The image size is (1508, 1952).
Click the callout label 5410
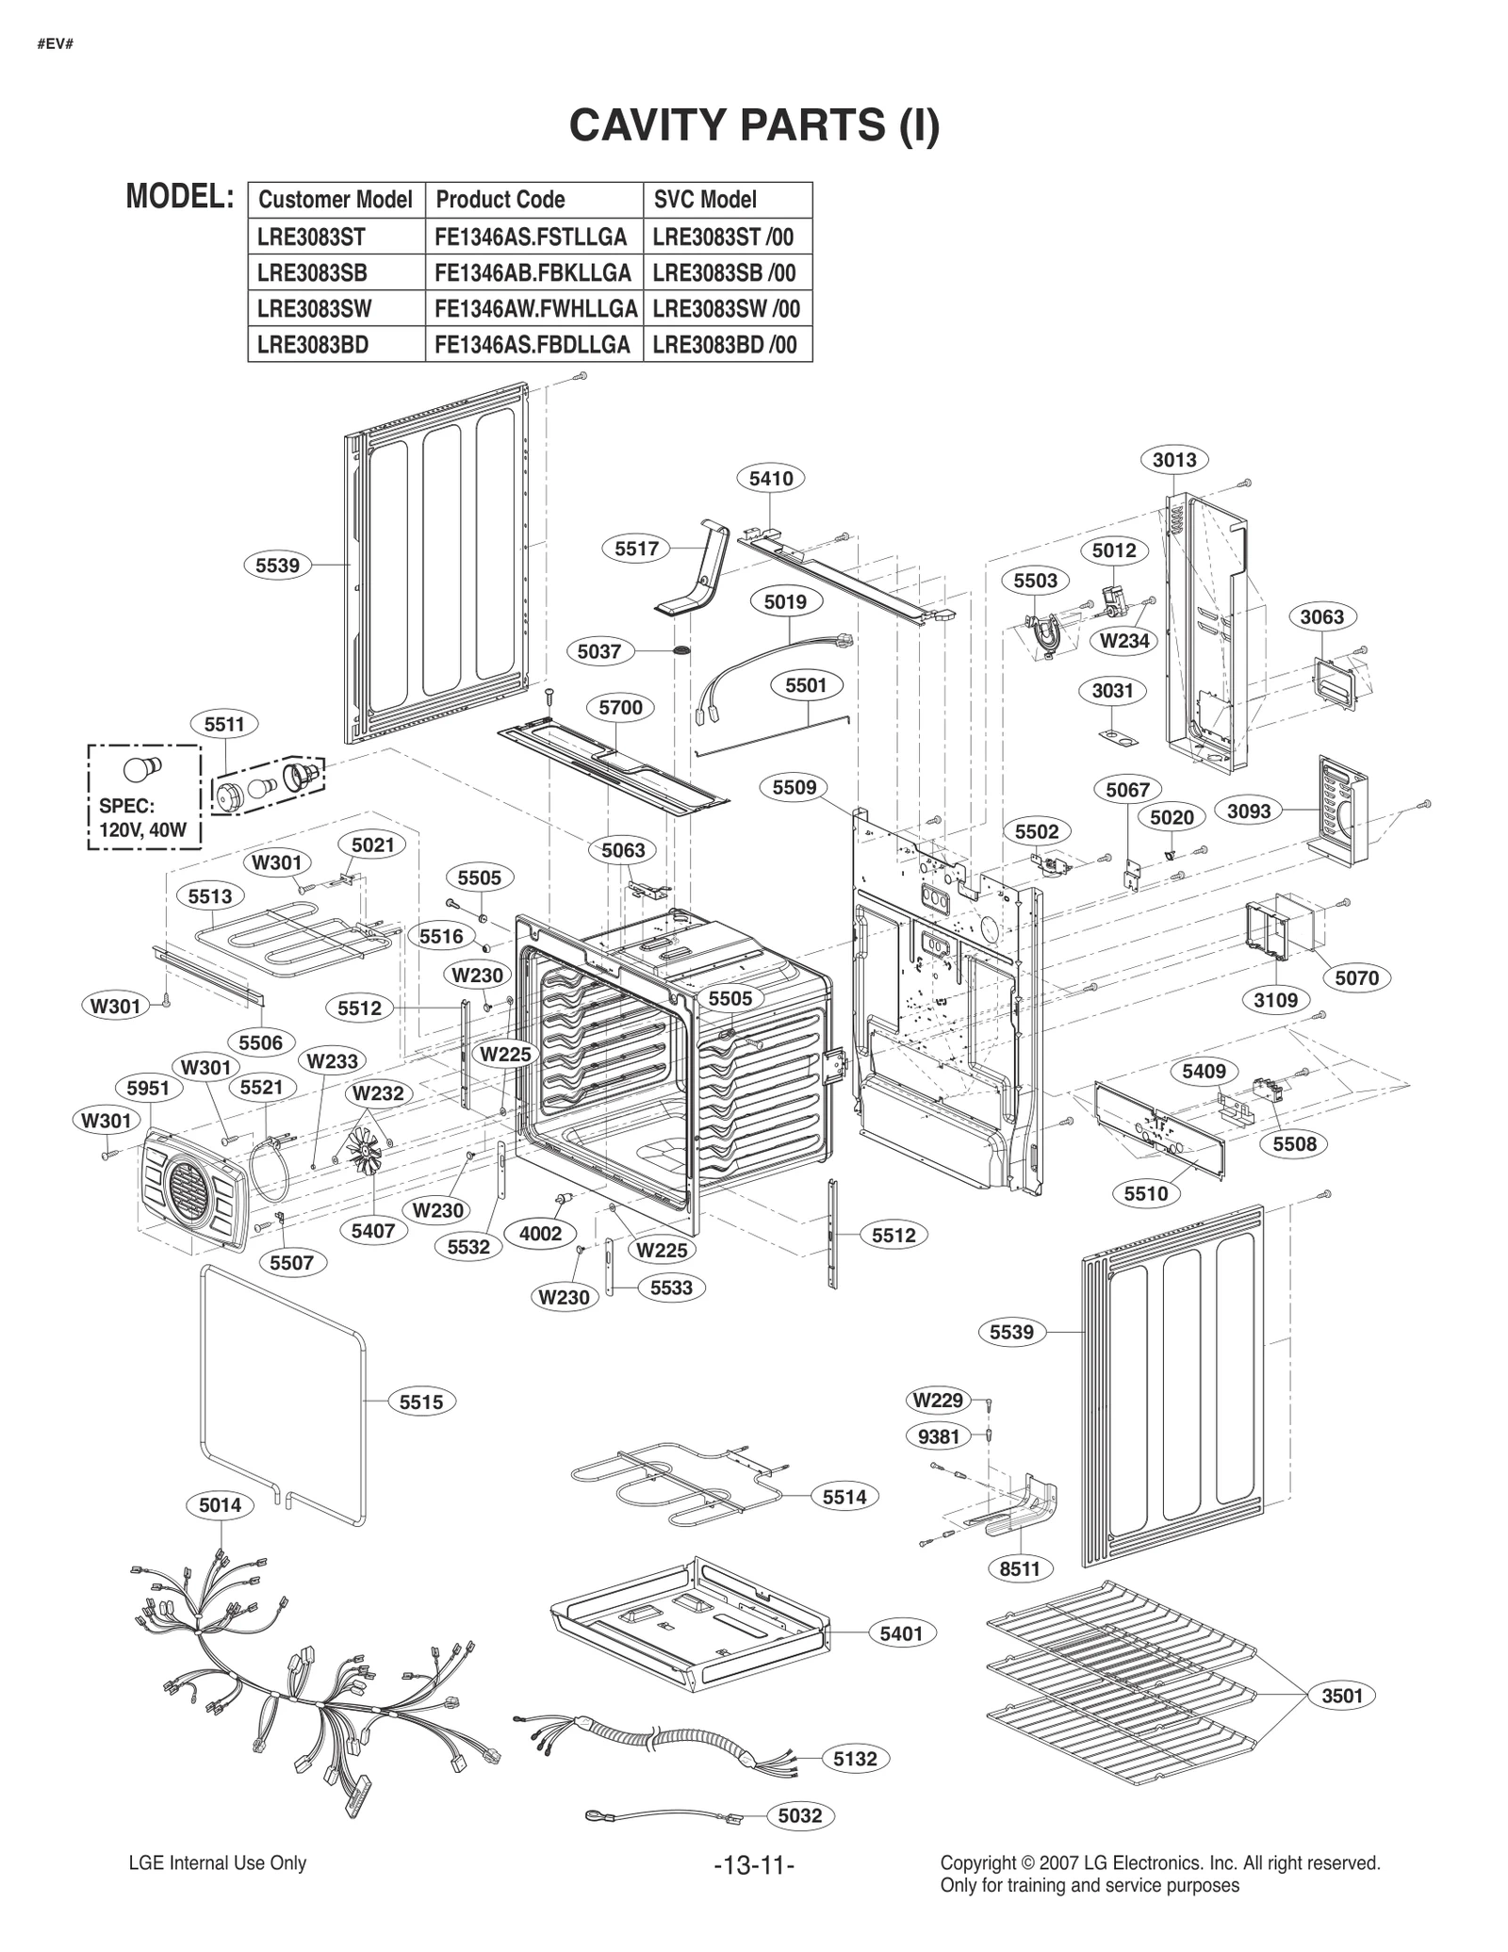(x=771, y=478)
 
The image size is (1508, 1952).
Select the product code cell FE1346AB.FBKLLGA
(x=533, y=273)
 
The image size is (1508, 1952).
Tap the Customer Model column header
(x=336, y=200)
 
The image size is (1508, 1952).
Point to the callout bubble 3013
(x=1174, y=459)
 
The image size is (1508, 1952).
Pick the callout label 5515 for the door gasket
(x=420, y=1402)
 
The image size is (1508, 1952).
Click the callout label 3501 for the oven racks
(x=1342, y=1696)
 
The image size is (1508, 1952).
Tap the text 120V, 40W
(x=143, y=831)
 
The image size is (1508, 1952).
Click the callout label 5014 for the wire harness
(x=220, y=1505)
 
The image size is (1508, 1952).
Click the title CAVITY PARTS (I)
(x=754, y=125)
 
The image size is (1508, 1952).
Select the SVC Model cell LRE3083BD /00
(x=725, y=345)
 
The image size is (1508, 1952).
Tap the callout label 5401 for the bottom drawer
(x=901, y=1633)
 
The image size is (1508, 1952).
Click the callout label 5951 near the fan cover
(x=148, y=1088)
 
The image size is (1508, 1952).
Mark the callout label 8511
(x=1019, y=1568)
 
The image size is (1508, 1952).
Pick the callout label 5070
(x=1356, y=977)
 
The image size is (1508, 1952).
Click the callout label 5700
(x=620, y=707)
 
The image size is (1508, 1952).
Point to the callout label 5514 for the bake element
(x=844, y=1497)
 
